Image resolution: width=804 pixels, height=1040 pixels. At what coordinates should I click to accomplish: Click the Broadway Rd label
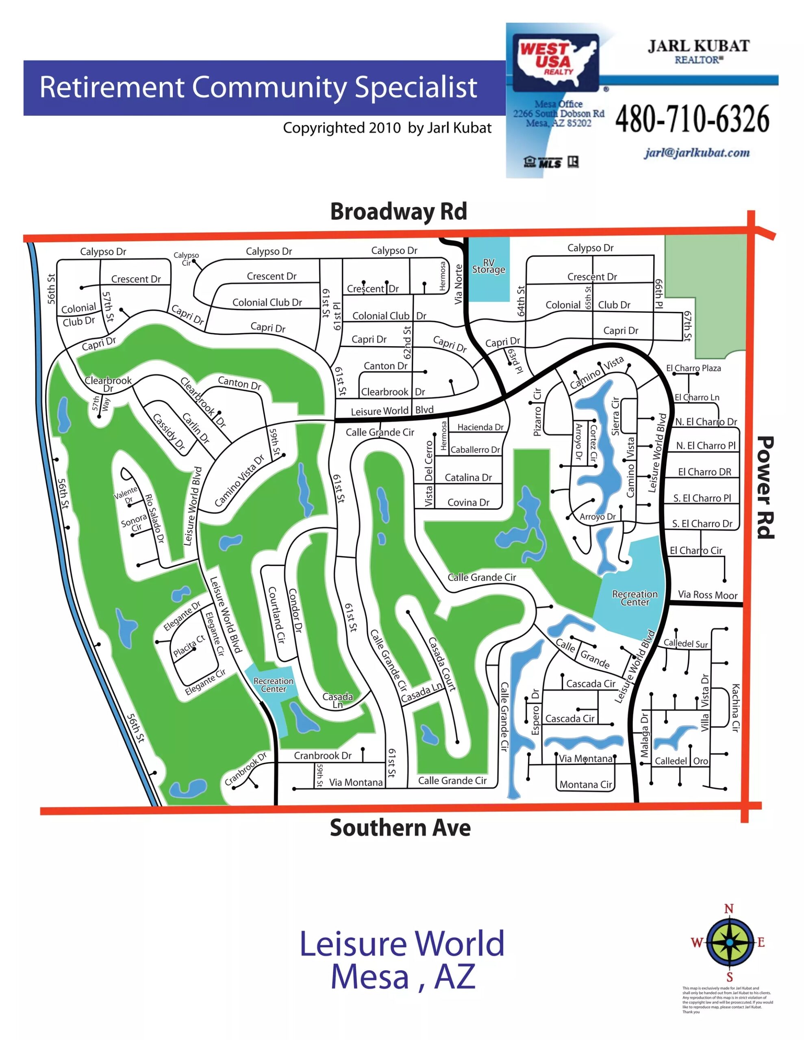(x=398, y=211)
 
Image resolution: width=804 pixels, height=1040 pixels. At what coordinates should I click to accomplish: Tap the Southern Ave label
(x=400, y=828)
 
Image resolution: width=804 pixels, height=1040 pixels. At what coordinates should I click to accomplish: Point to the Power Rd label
(x=766, y=487)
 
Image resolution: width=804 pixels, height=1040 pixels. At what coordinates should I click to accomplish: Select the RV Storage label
(x=489, y=266)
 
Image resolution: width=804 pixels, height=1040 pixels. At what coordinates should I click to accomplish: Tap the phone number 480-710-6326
(x=692, y=119)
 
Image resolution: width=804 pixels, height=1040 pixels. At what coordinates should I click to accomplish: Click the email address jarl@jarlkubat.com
(x=697, y=153)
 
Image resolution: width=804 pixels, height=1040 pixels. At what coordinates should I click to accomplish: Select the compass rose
(x=729, y=942)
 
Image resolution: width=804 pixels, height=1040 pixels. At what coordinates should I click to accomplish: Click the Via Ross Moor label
(x=707, y=595)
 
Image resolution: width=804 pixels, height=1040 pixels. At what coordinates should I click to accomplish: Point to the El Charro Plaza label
(x=693, y=368)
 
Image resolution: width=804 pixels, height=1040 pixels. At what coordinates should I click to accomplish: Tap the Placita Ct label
(x=189, y=646)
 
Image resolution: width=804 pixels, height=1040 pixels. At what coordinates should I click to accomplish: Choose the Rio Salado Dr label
(x=155, y=518)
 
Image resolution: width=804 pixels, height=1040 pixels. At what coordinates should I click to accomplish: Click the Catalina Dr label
(x=468, y=478)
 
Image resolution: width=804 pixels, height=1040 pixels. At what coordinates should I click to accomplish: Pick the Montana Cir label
(x=586, y=784)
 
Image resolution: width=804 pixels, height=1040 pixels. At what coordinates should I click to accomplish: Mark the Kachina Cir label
(x=735, y=708)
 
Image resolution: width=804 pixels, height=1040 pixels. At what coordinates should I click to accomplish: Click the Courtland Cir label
(x=276, y=615)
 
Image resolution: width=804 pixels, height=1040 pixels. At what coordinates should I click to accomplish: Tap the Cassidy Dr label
(x=168, y=431)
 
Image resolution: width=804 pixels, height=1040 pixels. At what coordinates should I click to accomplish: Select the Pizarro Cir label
(x=537, y=412)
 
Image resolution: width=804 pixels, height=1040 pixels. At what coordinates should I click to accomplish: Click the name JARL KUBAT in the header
(x=699, y=46)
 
